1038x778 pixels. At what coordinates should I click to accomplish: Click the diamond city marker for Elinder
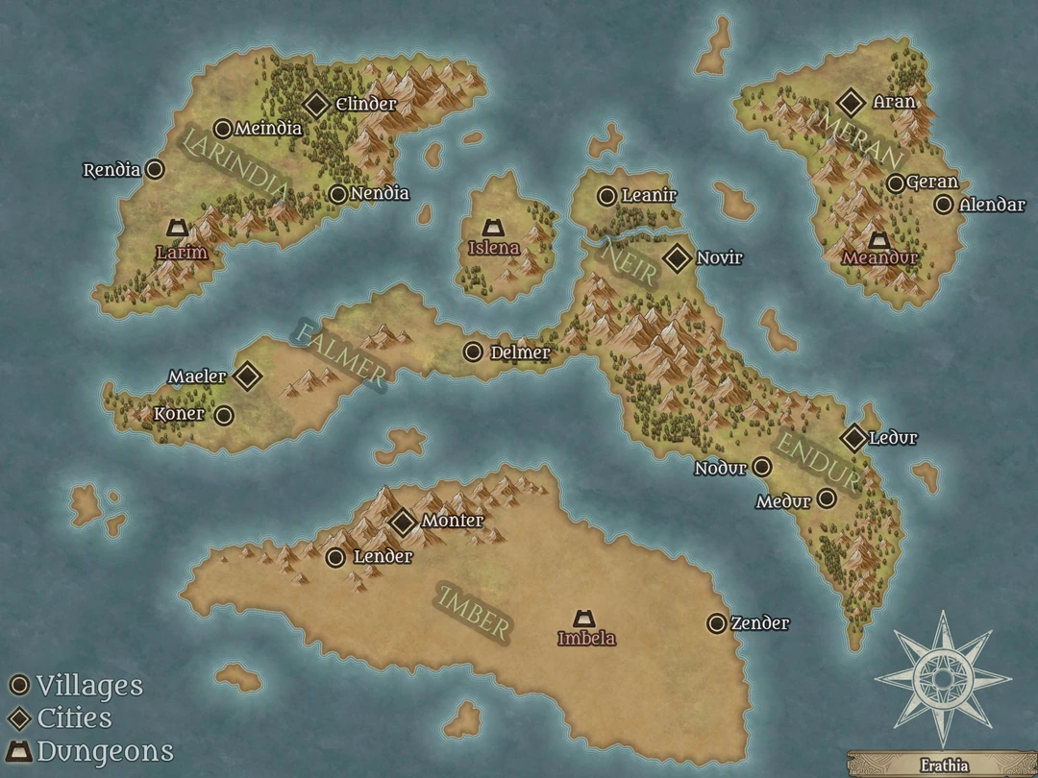pyautogui.click(x=317, y=105)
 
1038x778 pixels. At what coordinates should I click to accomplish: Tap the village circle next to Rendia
pyautogui.click(x=154, y=170)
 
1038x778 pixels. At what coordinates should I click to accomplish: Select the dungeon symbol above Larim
pyautogui.click(x=177, y=228)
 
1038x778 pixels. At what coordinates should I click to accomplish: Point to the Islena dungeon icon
pyautogui.click(x=493, y=228)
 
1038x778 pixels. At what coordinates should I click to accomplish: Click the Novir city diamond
pyautogui.click(x=678, y=257)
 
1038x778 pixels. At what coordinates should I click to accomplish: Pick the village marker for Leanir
pyautogui.click(x=606, y=196)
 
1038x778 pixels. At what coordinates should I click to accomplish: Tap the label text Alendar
pyautogui.click(x=992, y=205)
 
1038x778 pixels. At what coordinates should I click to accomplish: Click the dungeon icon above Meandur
pyautogui.click(x=877, y=239)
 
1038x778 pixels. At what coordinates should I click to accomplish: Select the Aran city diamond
pyautogui.click(x=851, y=102)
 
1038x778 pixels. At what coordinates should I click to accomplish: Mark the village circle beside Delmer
pyautogui.click(x=473, y=353)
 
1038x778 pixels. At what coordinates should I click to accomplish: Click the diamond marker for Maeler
pyautogui.click(x=248, y=377)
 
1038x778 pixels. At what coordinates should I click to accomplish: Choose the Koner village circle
pyautogui.click(x=224, y=415)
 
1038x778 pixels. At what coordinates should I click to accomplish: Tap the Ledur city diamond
pyautogui.click(x=853, y=438)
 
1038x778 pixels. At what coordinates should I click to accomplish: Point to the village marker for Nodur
pyautogui.click(x=762, y=468)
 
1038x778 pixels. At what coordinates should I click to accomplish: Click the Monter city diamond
pyautogui.click(x=404, y=522)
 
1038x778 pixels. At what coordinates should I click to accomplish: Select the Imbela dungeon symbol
pyautogui.click(x=583, y=618)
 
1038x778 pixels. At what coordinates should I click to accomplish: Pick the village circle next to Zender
pyautogui.click(x=716, y=623)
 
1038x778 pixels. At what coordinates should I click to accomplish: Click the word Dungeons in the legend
pyautogui.click(x=105, y=750)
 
